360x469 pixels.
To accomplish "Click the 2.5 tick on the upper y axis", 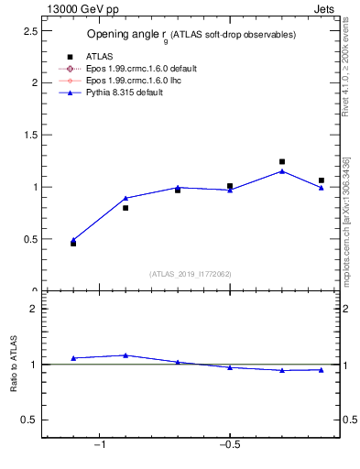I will tap(28, 30).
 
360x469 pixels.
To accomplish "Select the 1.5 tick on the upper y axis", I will tap(28, 135).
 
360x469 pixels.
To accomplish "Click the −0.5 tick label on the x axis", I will tap(229, 445).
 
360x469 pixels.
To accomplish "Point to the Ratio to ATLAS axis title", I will tap(15, 365).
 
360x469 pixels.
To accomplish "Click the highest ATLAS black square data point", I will tap(282, 161).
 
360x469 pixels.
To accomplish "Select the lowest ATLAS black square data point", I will tap(73, 243).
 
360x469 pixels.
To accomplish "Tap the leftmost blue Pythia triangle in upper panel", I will tap(73, 240).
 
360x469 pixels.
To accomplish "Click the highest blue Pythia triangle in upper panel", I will tap(282, 170).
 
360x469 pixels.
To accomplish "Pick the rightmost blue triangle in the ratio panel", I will tap(322, 370).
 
